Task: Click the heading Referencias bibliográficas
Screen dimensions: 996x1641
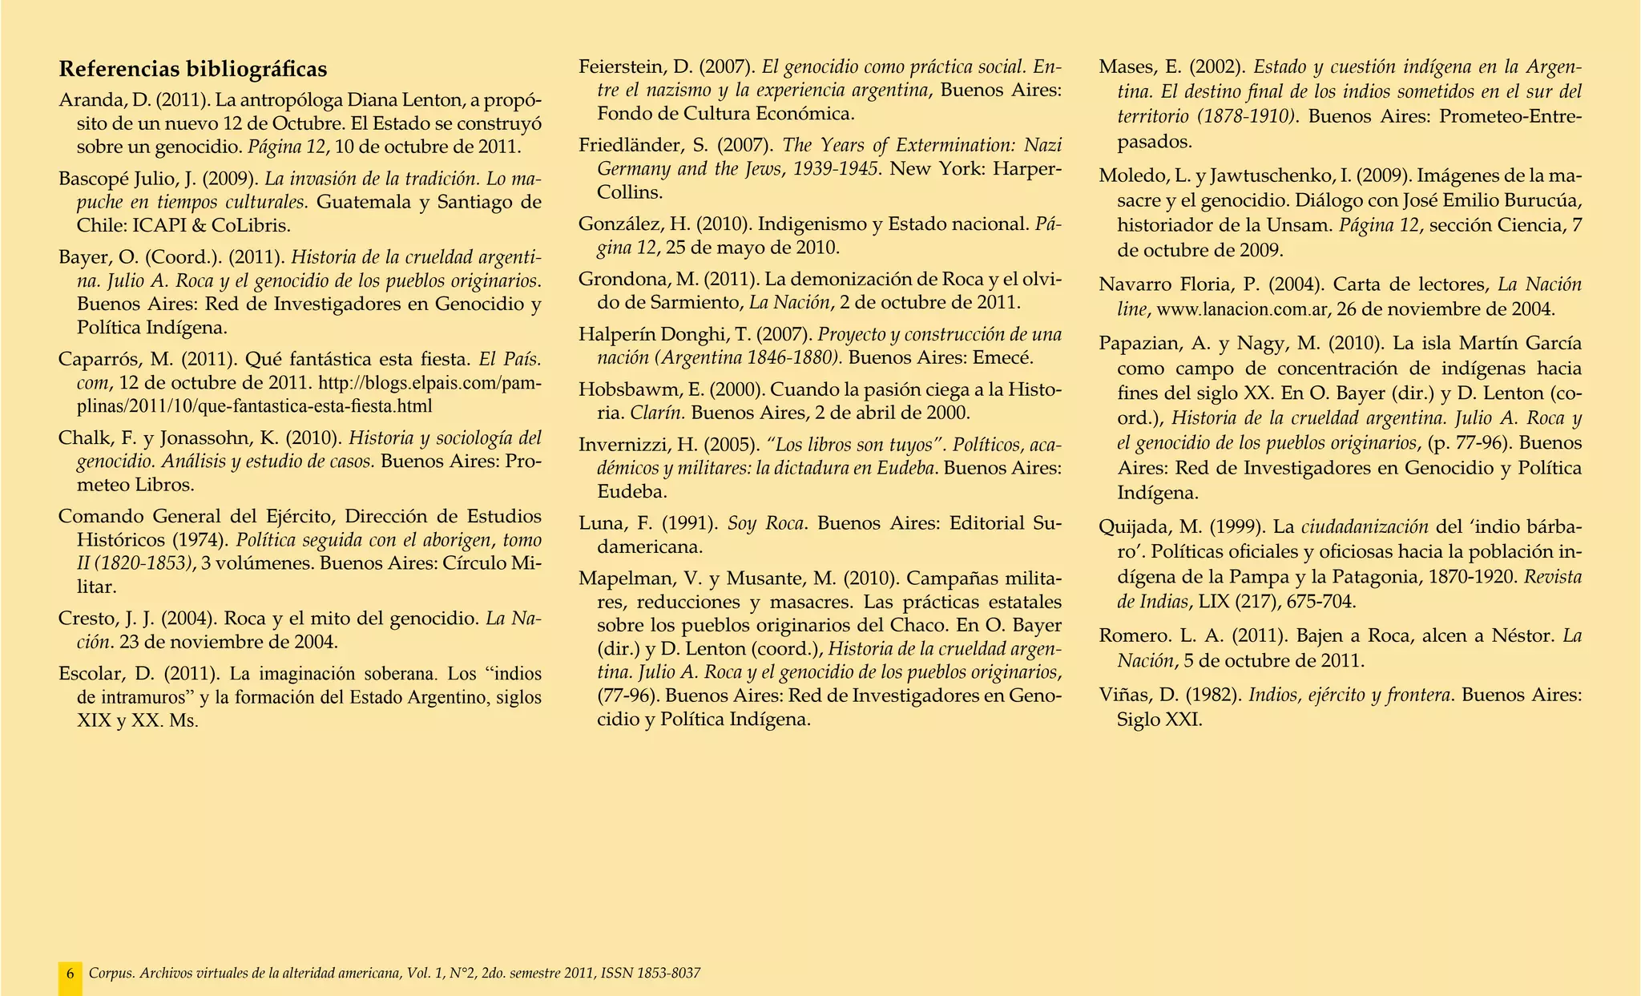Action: coord(193,70)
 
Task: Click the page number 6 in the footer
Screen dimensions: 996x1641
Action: coord(71,974)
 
